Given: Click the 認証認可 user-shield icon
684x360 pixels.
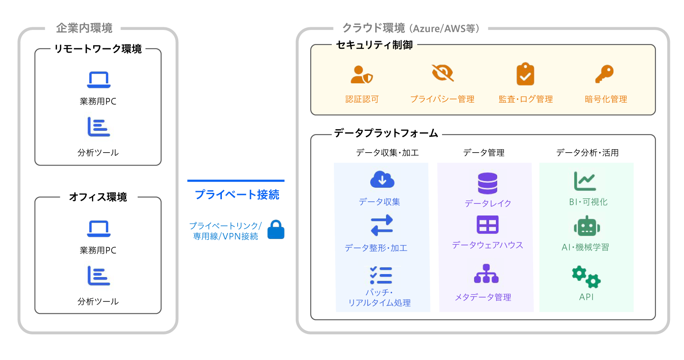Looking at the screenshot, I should [362, 74].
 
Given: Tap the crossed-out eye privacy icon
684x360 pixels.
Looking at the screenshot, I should [442, 73].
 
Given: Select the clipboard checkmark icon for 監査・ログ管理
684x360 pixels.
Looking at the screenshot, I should [525, 74].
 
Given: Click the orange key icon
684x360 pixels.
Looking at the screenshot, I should [604, 74].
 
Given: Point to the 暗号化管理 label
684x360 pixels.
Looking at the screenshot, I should [606, 99].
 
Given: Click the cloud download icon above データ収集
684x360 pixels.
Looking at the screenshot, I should [382, 180].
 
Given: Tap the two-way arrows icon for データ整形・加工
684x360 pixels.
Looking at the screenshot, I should [382, 225].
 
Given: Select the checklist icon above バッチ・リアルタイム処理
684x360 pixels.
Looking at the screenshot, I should [381, 275].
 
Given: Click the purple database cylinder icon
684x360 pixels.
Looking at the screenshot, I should [488, 183].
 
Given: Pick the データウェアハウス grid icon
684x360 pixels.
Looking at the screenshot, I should [488, 224].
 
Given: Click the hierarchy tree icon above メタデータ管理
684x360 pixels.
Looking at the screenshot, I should [486, 274].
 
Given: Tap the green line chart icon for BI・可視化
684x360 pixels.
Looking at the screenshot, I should [585, 181].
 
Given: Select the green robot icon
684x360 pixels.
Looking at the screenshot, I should [587, 227].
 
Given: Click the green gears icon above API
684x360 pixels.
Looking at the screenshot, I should [587, 277].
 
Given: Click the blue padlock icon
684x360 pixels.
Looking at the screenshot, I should [276, 230].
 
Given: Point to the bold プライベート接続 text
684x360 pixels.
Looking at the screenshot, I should [237, 195].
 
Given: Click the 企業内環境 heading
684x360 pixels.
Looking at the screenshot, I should [84, 28].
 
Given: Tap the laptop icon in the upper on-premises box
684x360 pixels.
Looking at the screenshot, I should [99, 80].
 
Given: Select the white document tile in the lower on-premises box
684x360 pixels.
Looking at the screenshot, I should [98, 276].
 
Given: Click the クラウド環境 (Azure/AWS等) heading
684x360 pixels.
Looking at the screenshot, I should [411, 29].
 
